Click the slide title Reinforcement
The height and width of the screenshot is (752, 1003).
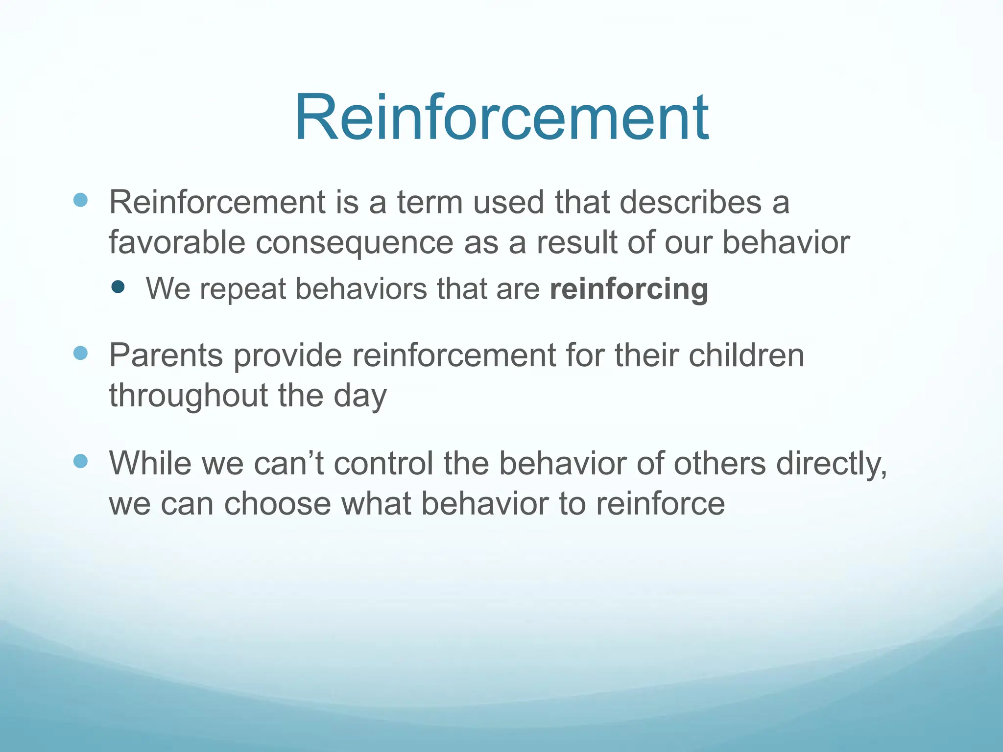pos(501,118)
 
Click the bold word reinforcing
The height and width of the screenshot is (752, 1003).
pos(629,289)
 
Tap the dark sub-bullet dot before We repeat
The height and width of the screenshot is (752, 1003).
pos(118,287)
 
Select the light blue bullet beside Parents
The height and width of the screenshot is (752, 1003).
pos(80,353)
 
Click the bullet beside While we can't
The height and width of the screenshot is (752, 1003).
pos(80,461)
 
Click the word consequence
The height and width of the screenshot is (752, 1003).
pos(355,243)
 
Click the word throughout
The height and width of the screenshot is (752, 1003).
pos(188,396)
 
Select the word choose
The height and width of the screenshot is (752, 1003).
pos(277,504)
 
